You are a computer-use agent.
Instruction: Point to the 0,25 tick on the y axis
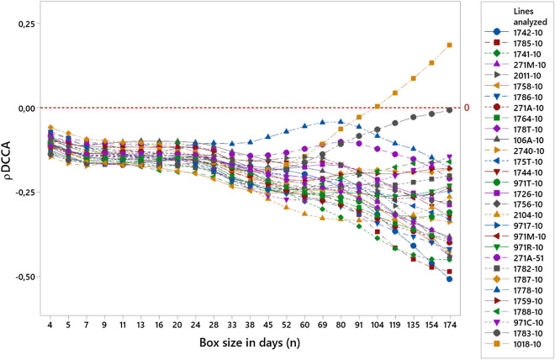coord(24,24)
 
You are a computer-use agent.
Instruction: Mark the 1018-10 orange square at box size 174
coord(450,45)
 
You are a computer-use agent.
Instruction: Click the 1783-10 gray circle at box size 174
coord(450,110)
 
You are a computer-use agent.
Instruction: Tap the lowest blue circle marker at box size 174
coord(450,279)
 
